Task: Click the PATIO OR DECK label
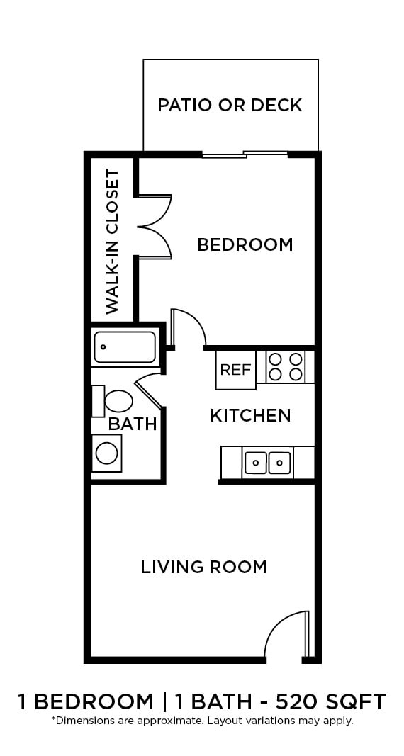230,106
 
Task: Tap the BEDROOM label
245,244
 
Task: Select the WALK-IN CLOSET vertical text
112,242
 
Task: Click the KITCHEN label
250,415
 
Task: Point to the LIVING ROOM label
203,567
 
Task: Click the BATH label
133,424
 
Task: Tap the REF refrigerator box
235,370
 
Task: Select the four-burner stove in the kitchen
286,366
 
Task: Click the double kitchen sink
268,463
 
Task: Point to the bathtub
125,347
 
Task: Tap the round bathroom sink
107,453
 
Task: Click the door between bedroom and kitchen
187,328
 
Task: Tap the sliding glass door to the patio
245,154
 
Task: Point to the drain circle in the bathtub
103,348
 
